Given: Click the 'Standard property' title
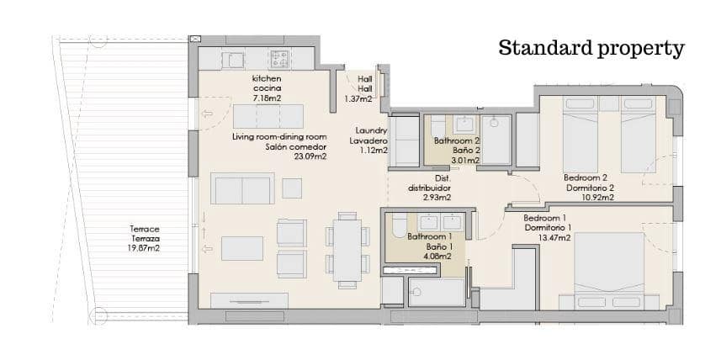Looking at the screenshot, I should [x=591, y=48].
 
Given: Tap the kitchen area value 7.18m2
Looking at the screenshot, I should [x=267, y=98].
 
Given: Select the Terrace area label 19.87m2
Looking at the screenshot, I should [x=144, y=249].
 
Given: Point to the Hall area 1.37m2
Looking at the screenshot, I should [x=364, y=98].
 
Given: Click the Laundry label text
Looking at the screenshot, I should [x=371, y=130].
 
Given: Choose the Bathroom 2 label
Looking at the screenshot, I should [x=457, y=141].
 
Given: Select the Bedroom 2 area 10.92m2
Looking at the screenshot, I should [x=590, y=198].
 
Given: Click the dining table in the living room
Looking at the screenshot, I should [x=347, y=247].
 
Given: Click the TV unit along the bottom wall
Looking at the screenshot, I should [x=249, y=299].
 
